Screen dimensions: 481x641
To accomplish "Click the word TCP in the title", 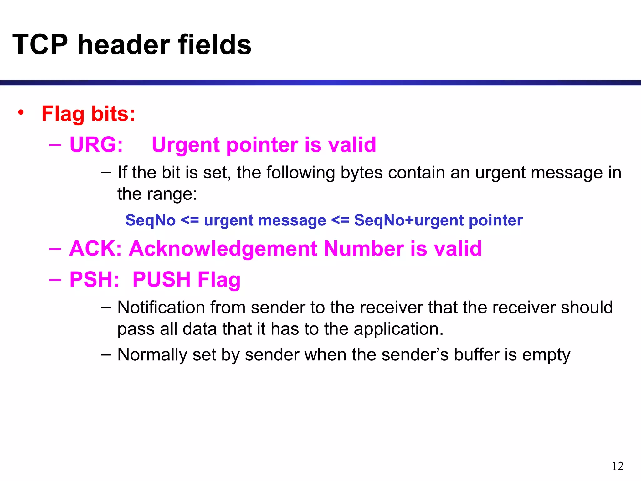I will pos(40,45).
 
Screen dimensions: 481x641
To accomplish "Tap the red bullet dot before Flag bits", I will pos(21,112).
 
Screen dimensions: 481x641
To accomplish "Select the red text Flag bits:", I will pos(88,114).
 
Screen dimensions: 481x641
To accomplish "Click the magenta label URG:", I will pos(96,145).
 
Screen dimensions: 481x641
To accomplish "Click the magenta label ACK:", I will pos(95,249).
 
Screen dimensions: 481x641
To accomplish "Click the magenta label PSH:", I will pos(94,279).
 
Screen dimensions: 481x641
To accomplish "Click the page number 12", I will pos(618,466).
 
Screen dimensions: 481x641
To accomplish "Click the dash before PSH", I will pos(55,279).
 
